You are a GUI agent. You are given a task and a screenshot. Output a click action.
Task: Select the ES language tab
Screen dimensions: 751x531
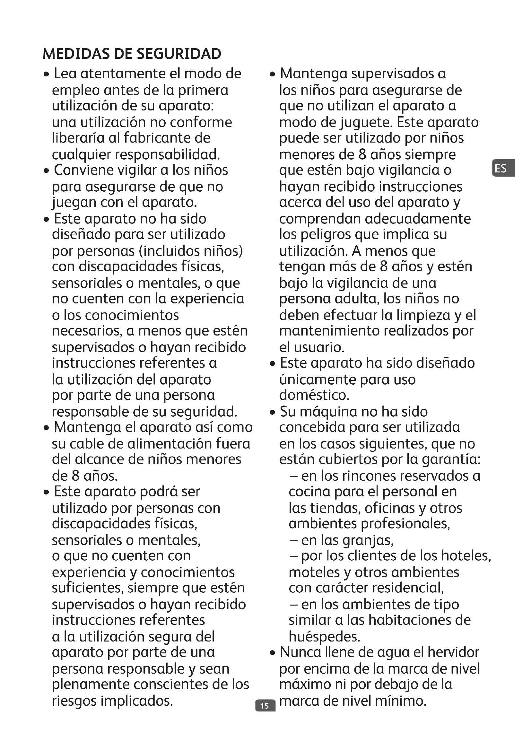[501, 169]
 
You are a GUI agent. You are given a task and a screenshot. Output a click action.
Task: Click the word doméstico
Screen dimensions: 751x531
[314, 395]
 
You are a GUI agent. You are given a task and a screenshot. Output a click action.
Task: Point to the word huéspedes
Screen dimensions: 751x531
[324, 636]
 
